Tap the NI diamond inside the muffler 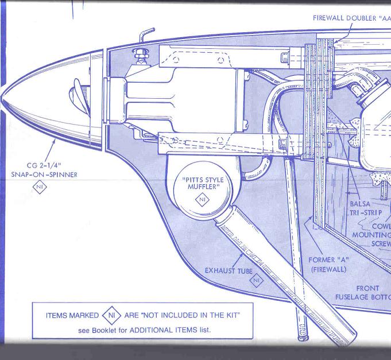pos(202,199)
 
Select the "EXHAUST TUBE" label pos(229,270)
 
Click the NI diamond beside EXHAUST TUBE pos(257,280)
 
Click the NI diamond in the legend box pos(111,315)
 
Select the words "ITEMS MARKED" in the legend pos(71,315)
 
